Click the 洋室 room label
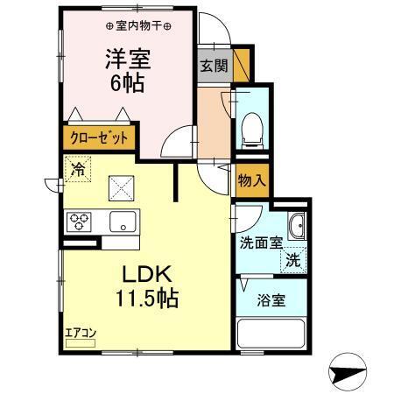(x=128, y=60)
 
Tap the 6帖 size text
(x=128, y=85)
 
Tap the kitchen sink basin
(x=123, y=221)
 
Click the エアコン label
(x=80, y=333)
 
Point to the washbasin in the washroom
(x=296, y=227)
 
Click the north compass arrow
(x=354, y=370)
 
